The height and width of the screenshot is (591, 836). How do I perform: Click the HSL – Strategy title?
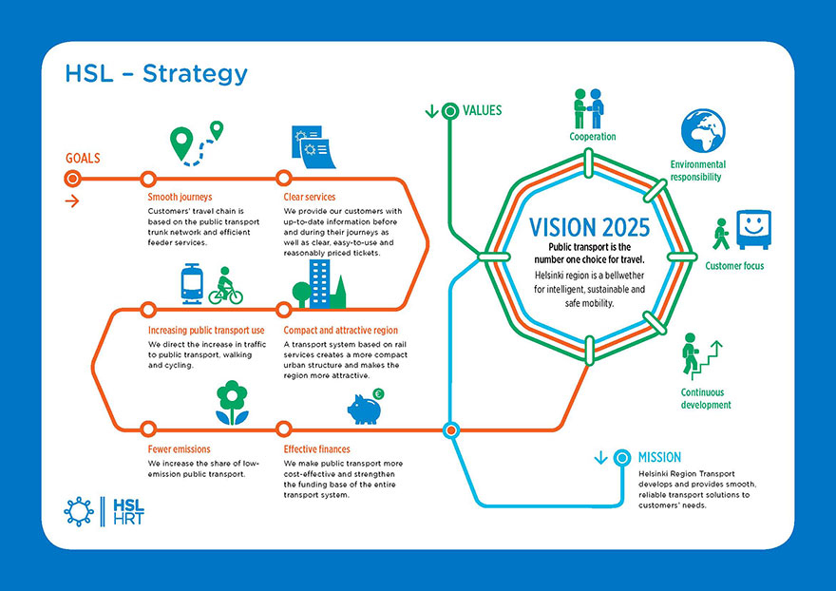(x=156, y=74)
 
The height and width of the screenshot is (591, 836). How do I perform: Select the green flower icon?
(x=232, y=403)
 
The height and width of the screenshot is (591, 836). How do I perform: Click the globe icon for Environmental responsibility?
(x=703, y=131)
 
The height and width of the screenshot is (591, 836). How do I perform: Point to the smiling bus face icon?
(x=754, y=229)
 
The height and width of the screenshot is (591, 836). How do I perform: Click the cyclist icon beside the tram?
(x=225, y=286)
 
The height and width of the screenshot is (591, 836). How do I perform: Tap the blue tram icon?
(x=192, y=284)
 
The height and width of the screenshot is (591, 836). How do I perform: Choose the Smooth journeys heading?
(x=180, y=197)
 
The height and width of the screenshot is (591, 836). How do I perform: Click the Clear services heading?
(x=310, y=197)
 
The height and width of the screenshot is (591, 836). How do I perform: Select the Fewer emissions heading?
(x=180, y=449)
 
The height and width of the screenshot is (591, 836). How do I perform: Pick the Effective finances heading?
(x=316, y=449)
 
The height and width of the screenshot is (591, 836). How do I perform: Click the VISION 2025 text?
(x=589, y=227)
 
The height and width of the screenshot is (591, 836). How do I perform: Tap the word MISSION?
(x=659, y=457)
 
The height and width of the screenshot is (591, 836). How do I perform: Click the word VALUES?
(x=482, y=110)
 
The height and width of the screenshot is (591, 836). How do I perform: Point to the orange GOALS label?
(x=83, y=158)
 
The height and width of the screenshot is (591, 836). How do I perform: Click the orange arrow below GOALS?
(x=72, y=201)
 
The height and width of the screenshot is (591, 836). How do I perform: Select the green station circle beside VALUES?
(x=450, y=111)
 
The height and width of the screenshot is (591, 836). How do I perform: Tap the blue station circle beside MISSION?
(x=621, y=458)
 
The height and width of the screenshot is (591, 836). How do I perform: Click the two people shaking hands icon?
(x=589, y=108)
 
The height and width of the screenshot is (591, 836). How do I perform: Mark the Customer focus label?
(x=734, y=266)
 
